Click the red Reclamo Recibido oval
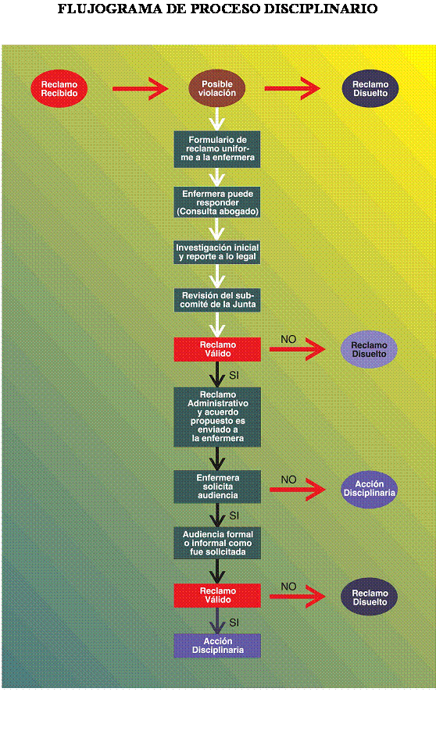[x=59, y=88]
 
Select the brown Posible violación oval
[x=217, y=88]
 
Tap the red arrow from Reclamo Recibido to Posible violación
[x=140, y=88]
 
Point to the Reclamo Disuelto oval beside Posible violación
[x=370, y=88]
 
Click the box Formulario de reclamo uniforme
[x=217, y=148]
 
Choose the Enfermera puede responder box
[x=217, y=202]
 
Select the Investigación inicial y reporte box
[x=217, y=251]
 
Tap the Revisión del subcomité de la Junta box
[x=217, y=300]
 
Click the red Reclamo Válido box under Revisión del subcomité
[x=217, y=349]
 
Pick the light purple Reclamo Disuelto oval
[x=369, y=349]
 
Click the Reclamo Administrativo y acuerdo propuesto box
[x=217, y=416]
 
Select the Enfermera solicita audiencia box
[x=217, y=486]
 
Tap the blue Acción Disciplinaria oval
[x=369, y=489]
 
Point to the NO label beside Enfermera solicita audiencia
[x=288, y=480]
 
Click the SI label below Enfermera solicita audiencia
[x=234, y=515]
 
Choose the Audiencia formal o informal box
[x=217, y=542]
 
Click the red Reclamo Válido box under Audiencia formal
[x=217, y=595]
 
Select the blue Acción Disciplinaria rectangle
[x=217, y=645]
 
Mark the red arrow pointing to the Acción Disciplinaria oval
[x=297, y=490]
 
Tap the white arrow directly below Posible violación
[x=217, y=118]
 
